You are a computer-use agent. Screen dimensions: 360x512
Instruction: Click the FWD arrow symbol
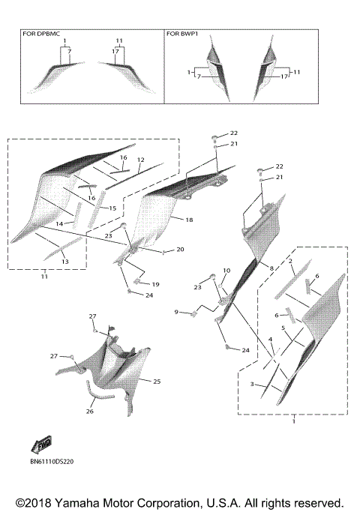(x=41, y=445)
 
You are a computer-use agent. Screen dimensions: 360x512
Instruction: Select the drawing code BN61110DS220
(x=52, y=461)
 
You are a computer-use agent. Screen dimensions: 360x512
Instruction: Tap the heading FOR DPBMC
(x=41, y=34)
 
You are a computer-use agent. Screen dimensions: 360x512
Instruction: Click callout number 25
(x=157, y=382)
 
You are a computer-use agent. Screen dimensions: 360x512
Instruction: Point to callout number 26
(x=90, y=412)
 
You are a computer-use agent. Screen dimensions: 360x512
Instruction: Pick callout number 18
(x=189, y=220)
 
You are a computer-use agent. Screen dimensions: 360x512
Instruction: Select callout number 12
(x=141, y=160)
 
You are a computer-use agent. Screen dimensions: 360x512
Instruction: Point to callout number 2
(x=290, y=261)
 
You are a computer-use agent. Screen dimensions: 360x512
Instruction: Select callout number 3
(x=252, y=384)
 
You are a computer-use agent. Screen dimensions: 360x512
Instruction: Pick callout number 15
(x=112, y=208)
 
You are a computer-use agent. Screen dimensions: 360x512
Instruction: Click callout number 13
(x=65, y=262)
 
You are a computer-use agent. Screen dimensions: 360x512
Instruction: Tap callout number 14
(x=59, y=224)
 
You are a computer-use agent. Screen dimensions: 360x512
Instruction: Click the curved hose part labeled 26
(x=98, y=391)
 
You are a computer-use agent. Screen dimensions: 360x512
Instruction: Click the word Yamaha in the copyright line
(x=74, y=503)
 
